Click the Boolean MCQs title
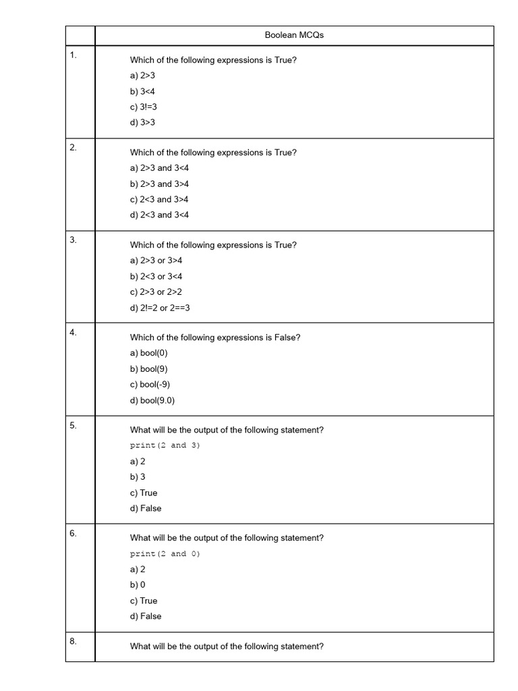(294, 35)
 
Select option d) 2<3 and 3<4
(159, 215)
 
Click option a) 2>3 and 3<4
(159, 168)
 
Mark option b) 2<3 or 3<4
(156, 276)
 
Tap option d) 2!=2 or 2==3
(160, 308)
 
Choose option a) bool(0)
(148, 353)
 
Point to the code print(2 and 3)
(165, 445)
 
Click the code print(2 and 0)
(165, 553)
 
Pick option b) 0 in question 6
(138, 584)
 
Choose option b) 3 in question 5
(138, 476)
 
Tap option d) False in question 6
(146, 616)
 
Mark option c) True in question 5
(144, 493)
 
